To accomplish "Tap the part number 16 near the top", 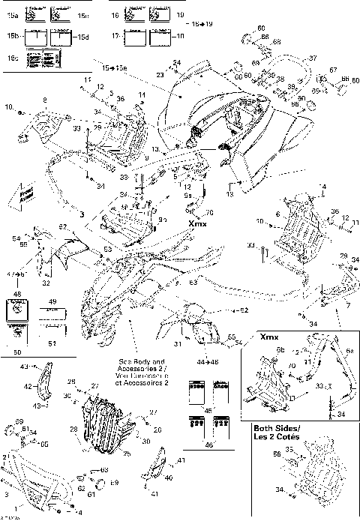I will click(115, 14).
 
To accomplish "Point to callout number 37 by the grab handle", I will click(313, 58).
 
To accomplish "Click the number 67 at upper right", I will click(334, 70).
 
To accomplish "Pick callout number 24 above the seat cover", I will click(177, 62).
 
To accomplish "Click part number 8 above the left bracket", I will click(44, 100).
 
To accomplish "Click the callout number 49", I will click(52, 302).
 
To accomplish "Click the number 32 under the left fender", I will click(46, 284).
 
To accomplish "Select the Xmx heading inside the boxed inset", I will click(268, 338).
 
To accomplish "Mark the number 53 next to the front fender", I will click(107, 248).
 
